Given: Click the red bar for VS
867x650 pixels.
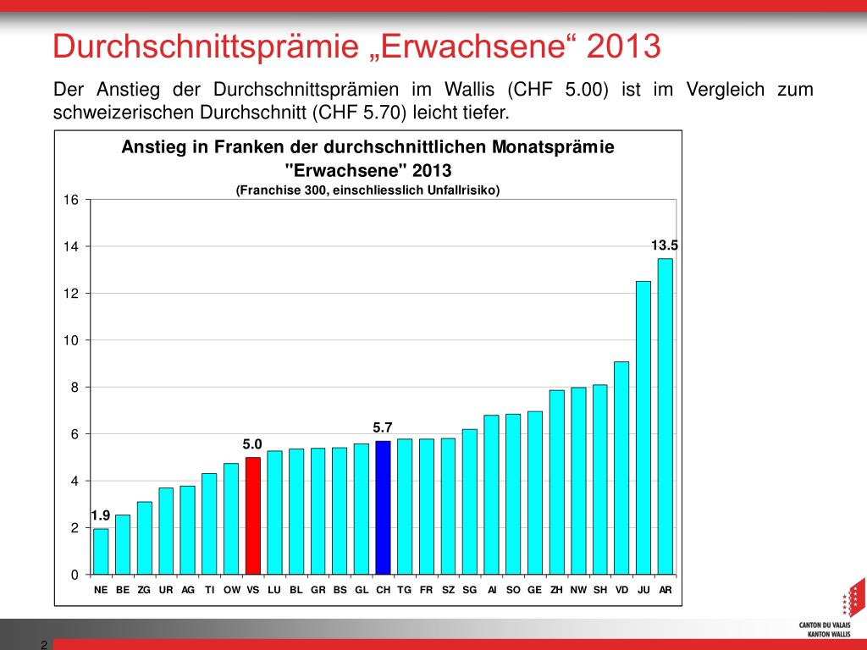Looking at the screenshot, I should (252, 515).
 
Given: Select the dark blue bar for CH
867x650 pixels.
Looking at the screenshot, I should (383, 507).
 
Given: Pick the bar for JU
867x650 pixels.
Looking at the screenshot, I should (643, 427).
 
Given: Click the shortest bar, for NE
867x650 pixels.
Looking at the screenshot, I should (101, 551).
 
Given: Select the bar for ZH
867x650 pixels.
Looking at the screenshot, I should (556, 482).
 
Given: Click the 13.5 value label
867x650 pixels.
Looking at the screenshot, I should (665, 245).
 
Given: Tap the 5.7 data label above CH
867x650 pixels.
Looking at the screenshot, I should (383, 428).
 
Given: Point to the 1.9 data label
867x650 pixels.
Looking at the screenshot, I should (100, 515).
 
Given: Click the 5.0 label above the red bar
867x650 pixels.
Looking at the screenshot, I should (252, 443).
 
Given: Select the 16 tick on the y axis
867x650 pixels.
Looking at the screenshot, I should (71, 200).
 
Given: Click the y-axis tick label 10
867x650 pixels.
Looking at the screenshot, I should (71, 340).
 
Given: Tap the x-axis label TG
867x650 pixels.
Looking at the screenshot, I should (404, 590).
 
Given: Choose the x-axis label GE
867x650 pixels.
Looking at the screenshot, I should (534, 590).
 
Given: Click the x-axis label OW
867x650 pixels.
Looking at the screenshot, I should (231, 590).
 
